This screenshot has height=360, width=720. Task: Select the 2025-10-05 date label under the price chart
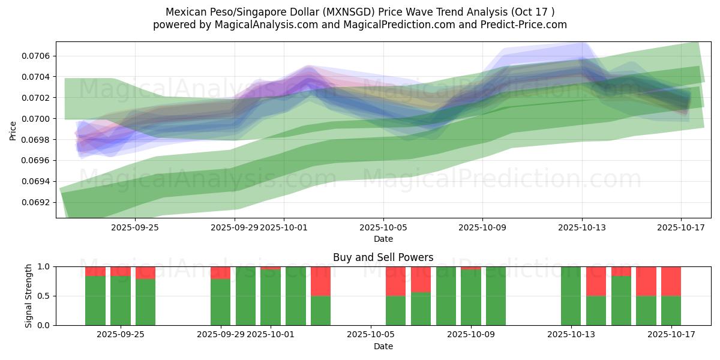coord(383,228)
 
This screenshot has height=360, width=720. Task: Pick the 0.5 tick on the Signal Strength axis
coord(45,296)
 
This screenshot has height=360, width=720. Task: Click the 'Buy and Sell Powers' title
coord(383,257)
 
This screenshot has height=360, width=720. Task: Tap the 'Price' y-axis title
coord(13,130)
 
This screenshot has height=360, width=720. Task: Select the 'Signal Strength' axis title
coord(28,296)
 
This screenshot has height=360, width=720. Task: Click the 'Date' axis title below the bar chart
coord(383,346)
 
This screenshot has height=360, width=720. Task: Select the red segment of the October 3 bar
coord(320,281)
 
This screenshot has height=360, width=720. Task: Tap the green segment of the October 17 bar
coord(671,310)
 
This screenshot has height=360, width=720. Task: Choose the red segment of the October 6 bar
coord(395,281)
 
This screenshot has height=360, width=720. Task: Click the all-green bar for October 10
coord(496,296)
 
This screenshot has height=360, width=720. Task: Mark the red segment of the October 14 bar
coord(596,281)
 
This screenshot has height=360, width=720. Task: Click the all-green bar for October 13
coord(571,296)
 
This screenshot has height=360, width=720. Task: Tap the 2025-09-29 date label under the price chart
coord(234,228)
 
